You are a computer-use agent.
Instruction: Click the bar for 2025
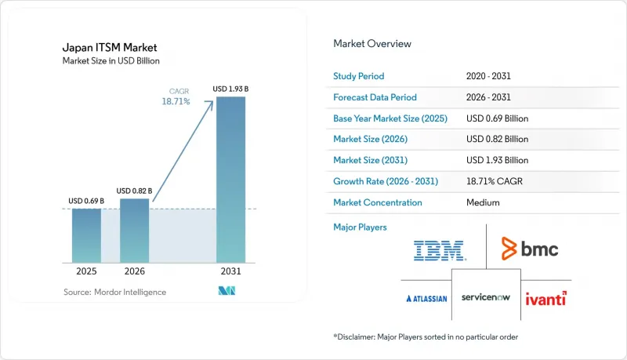click(86, 235)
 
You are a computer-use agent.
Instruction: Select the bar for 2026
click(134, 231)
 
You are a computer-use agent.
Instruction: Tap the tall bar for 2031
click(230, 180)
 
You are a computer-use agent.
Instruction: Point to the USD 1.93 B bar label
click(230, 89)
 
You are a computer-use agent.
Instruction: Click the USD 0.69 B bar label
click(86, 201)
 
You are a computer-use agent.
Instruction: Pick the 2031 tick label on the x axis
click(230, 271)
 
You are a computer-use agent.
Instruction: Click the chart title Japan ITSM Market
click(110, 48)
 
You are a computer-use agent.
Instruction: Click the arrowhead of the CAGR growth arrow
click(210, 104)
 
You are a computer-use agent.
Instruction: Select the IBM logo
click(440, 251)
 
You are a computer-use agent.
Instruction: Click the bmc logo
click(530, 249)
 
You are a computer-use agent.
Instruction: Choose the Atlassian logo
click(426, 298)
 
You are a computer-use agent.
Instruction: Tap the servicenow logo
click(486, 297)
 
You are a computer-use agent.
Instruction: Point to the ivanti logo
click(545, 299)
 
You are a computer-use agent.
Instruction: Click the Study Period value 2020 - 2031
click(488, 76)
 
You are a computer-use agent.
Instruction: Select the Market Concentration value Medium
click(483, 202)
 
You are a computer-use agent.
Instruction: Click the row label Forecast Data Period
click(375, 97)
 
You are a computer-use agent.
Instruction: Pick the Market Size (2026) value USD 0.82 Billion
click(497, 139)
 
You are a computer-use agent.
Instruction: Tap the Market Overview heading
click(372, 44)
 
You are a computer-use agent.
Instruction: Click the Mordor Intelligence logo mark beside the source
click(227, 291)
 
